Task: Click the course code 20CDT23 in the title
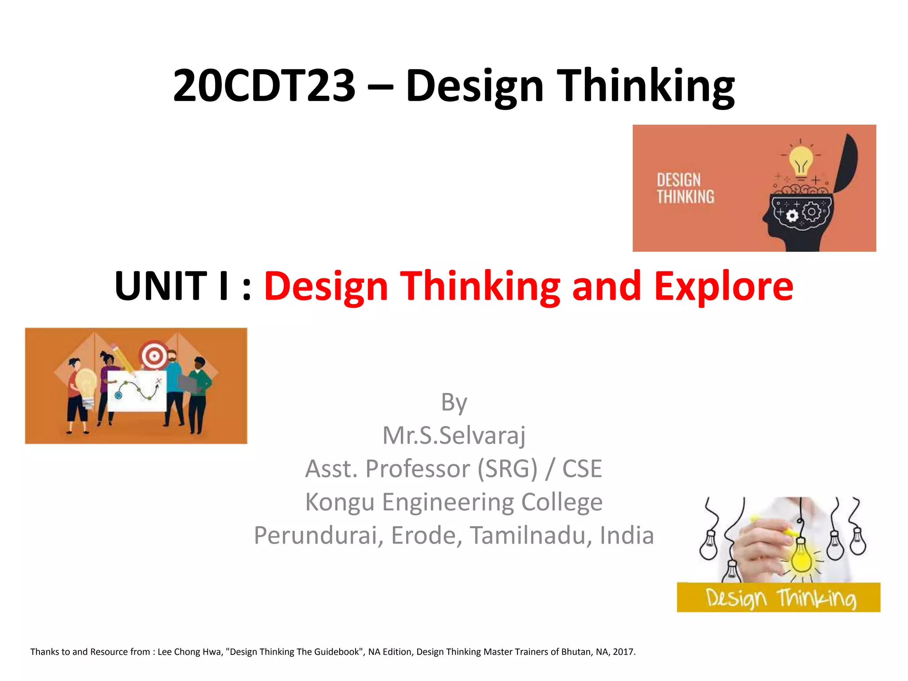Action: coord(264,86)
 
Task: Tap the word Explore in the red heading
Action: coord(724,286)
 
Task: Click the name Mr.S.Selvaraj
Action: coord(454,435)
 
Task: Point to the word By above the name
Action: coord(454,403)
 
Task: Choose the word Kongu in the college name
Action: coord(340,502)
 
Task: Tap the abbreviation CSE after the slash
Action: coord(582,469)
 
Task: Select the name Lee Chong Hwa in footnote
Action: coord(189,652)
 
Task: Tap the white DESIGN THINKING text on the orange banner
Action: coord(685,188)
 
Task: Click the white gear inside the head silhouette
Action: coord(792,216)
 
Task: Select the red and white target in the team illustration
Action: coord(153,355)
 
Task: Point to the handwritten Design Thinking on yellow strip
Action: coord(780,598)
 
